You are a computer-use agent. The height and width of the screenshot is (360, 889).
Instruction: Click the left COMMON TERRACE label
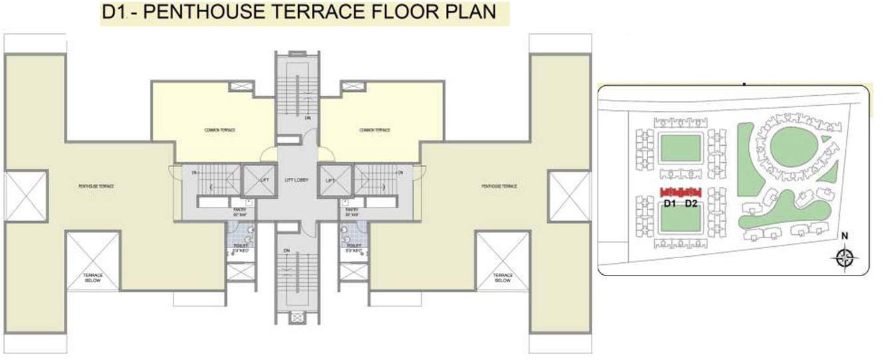click(220, 130)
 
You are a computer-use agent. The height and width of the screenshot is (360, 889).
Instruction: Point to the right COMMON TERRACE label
click(375, 130)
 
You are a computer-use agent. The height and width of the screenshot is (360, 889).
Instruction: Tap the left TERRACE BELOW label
click(92, 277)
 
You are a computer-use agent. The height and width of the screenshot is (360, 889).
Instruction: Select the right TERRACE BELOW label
click(503, 277)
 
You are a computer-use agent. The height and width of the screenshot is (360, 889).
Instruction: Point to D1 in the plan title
click(114, 13)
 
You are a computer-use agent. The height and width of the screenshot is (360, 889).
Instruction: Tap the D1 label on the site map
click(670, 204)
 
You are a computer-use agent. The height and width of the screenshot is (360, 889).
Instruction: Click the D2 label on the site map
click(691, 204)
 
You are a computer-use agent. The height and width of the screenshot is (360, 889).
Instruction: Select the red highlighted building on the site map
click(681, 192)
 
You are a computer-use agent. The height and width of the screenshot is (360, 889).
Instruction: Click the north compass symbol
click(846, 257)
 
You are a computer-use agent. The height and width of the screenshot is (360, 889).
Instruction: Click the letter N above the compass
click(844, 235)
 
